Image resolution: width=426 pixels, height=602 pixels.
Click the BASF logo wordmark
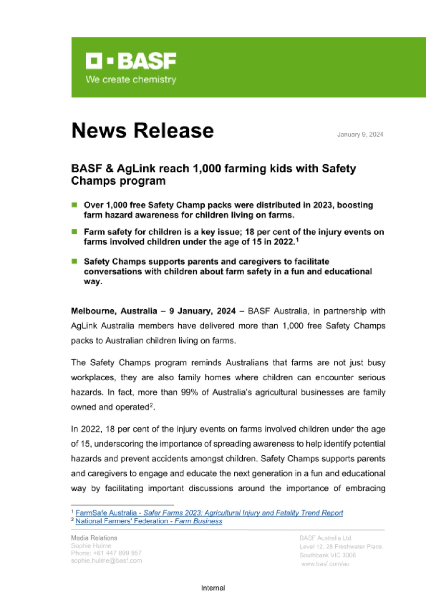(x=131, y=61)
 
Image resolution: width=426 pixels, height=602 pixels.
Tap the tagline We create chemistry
(x=131, y=80)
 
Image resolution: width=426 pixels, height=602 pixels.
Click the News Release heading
(x=143, y=131)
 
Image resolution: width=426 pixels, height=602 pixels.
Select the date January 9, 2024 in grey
(x=360, y=135)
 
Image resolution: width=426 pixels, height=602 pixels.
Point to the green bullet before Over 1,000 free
(x=74, y=205)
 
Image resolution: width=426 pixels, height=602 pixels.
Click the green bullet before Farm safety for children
(x=74, y=232)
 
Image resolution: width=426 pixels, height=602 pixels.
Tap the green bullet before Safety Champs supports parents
(x=74, y=261)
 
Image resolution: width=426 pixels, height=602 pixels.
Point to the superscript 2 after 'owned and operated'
(x=152, y=405)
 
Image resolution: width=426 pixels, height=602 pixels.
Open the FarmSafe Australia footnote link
(x=209, y=513)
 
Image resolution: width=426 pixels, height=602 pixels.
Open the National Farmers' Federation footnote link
(x=149, y=521)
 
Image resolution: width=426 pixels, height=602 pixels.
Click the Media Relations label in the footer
(x=94, y=538)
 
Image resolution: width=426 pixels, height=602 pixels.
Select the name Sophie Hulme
(x=91, y=546)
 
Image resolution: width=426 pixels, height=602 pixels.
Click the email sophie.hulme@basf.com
(x=106, y=560)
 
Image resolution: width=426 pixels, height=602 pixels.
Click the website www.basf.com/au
(x=325, y=564)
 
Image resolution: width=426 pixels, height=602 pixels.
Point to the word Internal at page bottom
(x=213, y=588)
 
